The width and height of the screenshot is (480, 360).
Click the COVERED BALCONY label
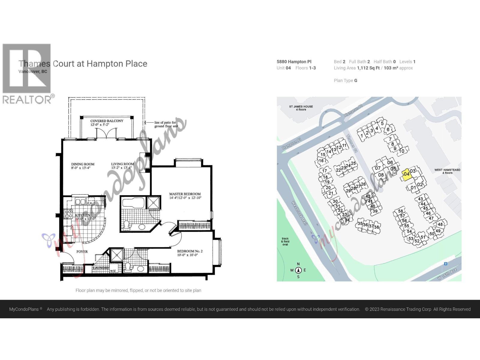coord(107,121)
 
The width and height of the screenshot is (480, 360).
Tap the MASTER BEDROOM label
coord(185,194)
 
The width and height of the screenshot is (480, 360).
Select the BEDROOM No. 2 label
coord(190,251)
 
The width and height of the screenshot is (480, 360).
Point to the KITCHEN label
coord(82,215)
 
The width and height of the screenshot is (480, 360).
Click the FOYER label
coord(82,252)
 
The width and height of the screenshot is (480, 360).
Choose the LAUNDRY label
coord(101,268)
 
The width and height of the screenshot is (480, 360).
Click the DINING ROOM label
coord(83,164)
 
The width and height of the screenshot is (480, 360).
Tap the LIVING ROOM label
coord(122,164)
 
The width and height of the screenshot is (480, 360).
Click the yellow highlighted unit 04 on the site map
coord(406,174)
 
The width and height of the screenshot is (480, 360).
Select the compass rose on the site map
coord(298,270)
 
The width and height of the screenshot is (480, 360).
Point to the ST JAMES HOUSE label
coord(301,106)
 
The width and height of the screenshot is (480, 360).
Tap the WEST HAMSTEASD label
coord(447,170)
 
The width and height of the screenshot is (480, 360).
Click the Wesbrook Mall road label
coord(300,213)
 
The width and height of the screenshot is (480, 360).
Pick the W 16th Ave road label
coord(447,274)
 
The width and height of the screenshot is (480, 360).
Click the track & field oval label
coord(285,241)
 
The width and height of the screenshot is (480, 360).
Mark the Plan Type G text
coord(346,80)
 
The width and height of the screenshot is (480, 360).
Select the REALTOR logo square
coord(27,68)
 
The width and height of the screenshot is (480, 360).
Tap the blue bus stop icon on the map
coord(446,263)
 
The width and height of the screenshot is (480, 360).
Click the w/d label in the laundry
coord(113,271)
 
